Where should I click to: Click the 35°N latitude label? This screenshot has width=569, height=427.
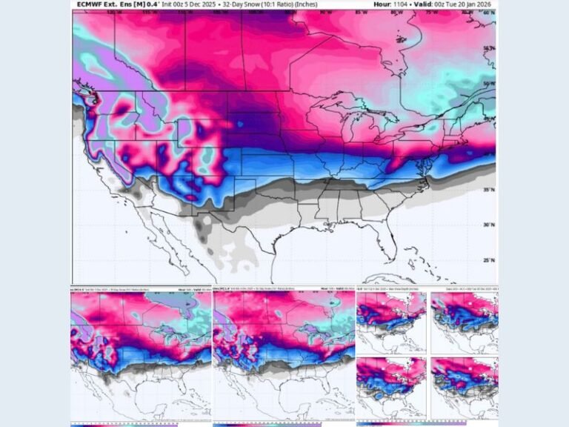[x=487, y=191]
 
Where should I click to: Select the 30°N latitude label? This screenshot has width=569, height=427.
[x=487, y=225]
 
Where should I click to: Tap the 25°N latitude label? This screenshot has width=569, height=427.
[x=487, y=260]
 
